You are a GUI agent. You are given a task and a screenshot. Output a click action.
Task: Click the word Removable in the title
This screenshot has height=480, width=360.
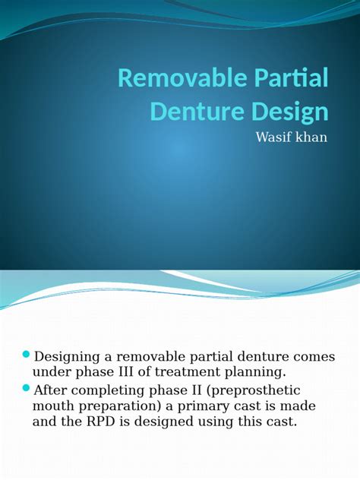coord(182,78)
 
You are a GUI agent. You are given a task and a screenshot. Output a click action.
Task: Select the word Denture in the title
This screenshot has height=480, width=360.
coord(197,112)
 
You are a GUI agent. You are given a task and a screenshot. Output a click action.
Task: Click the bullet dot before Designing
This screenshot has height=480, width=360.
coord(27,355)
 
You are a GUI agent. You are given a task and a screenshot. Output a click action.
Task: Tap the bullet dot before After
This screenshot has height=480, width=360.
coord(27,389)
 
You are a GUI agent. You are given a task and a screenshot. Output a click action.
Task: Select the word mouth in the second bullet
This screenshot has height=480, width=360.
coord(54,406)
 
